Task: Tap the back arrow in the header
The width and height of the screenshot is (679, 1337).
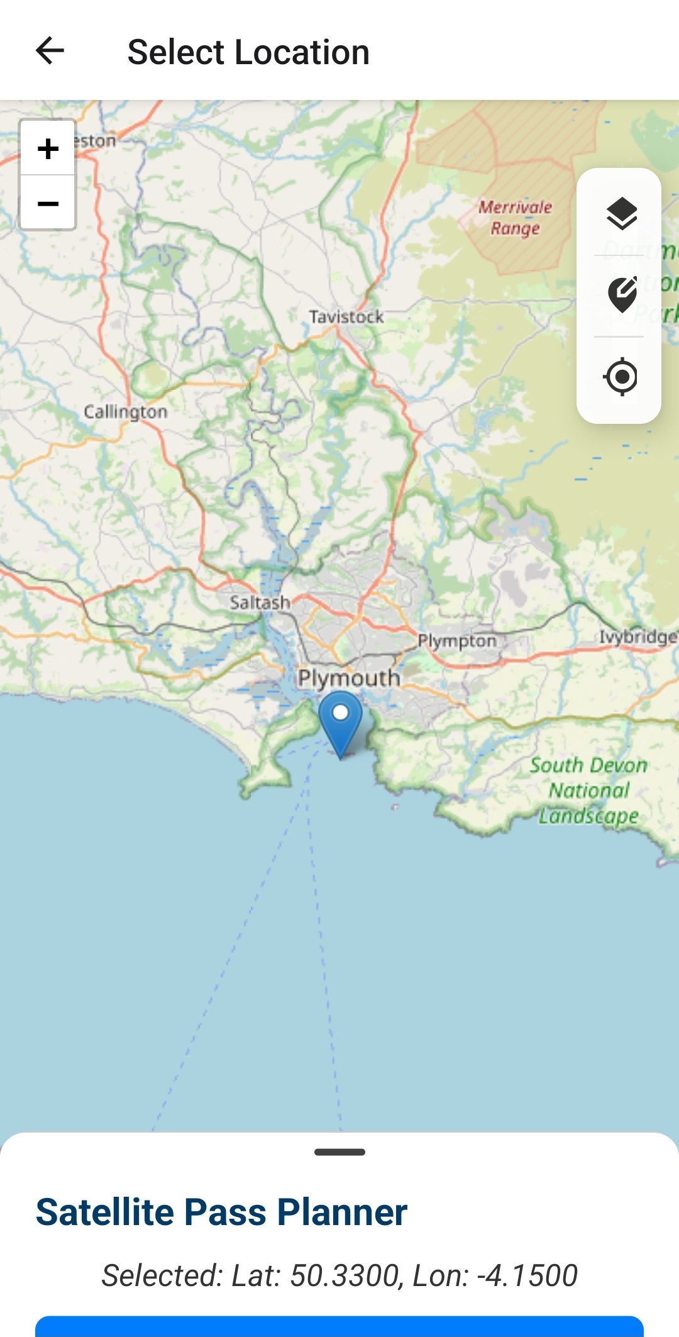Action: pos(50,51)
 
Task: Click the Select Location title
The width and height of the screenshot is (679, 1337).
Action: pos(248,52)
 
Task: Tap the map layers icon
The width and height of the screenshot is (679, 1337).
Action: pos(622,213)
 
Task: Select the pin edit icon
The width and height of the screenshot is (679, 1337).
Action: pos(622,294)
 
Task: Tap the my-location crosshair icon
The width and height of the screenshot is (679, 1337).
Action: pos(622,377)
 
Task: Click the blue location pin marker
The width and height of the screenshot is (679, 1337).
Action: pos(340,721)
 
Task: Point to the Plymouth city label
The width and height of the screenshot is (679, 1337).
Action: pos(349,678)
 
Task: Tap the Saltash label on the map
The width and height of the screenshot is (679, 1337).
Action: pos(260,602)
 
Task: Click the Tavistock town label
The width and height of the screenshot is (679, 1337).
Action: pos(346,317)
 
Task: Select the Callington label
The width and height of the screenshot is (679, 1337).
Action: pos(126,412)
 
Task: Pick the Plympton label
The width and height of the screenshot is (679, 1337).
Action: pos(457,641)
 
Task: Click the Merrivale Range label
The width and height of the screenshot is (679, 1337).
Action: pos(515,218)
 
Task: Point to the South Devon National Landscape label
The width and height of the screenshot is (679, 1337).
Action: pos(588,791)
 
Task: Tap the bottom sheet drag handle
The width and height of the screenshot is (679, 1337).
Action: pos(339,1152)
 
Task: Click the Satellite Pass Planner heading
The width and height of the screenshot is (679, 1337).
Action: pos(221,1212)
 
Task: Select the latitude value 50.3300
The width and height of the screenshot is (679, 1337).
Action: pos(345,1275)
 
